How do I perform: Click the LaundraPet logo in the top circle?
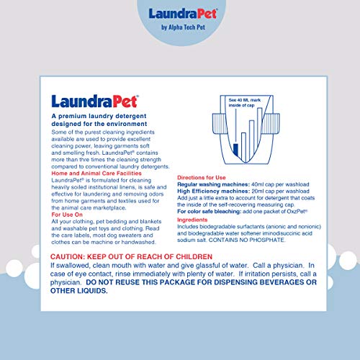[179, 14]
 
